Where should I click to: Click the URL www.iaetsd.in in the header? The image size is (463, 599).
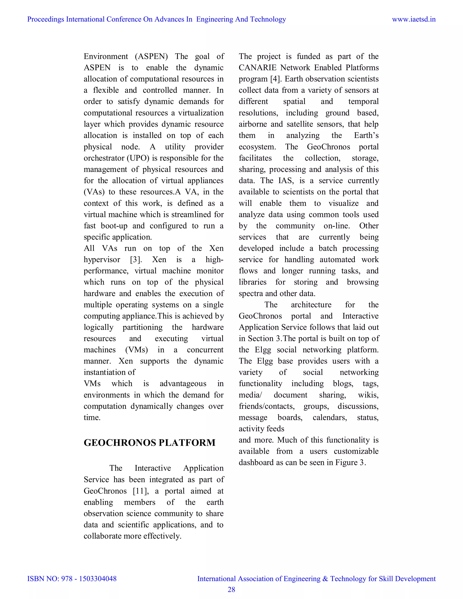pyautogui.click(x=414, y=19)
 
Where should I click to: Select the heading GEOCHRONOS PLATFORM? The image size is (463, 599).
pyautogui.click(x=149, y=443)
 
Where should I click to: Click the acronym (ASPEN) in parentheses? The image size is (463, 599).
pyautogui.click(x=151, y=57)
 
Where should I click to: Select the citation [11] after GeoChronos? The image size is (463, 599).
pyautogui.click(x=141, y=491)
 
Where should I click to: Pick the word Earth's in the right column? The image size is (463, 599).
pyautogui.click(x=366, y=135)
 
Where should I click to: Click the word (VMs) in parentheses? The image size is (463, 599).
pyautogui.click(x=137, y=350)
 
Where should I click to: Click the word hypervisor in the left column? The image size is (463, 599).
pyautogui.click(x=102, y=260)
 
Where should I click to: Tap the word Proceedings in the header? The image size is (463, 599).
pyautogui.click(x=45, y=19)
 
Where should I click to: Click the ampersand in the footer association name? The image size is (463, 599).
pyautogui.click(x=325, y=579)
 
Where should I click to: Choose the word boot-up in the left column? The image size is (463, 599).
pyautogui.click(x=114, y=226)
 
